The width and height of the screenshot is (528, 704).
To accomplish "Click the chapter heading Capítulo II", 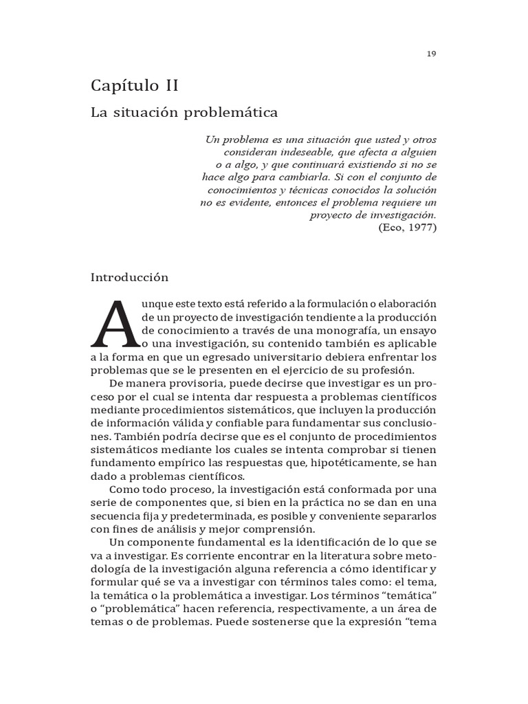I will tap(135, 86).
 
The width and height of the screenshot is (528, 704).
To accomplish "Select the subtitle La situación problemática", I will tap(184, 111).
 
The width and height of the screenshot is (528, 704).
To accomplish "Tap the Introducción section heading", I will tap(130, 278).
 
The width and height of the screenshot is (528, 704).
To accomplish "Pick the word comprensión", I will tap(274, 529).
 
